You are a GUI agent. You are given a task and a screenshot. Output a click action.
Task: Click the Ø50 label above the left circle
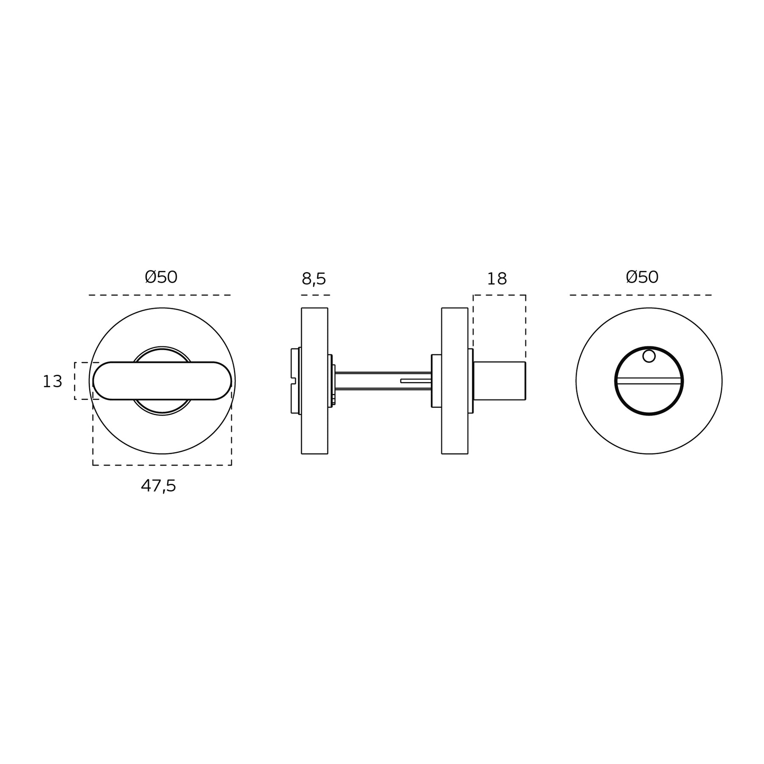161,277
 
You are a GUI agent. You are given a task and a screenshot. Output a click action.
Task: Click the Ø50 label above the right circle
642,277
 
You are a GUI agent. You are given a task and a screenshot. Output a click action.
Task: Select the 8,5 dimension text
314,279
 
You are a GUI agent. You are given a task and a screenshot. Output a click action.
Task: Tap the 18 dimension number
497,279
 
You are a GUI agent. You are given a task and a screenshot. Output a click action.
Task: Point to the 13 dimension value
52,382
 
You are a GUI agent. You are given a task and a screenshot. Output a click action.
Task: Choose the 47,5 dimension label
158,486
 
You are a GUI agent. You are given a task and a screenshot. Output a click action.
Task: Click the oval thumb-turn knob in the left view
162,381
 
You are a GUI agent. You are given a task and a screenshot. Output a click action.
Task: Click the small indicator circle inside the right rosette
649,356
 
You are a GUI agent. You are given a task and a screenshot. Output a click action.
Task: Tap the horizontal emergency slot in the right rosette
649,381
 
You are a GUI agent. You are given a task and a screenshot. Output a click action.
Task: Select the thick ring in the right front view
615,381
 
